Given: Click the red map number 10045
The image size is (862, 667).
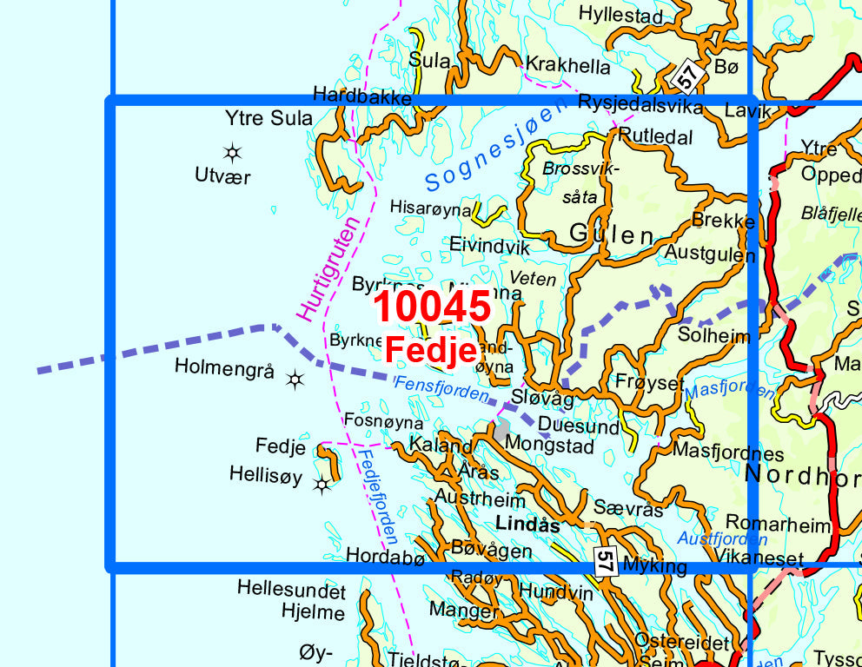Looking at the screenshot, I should coord(433,307).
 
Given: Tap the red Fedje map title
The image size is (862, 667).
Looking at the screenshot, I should coord(431,350).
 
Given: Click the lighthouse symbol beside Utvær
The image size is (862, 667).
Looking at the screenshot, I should coord(232,154).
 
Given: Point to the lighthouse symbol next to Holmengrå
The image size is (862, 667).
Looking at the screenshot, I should coord(295,379).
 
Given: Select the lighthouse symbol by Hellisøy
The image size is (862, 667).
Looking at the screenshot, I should coord(322,485).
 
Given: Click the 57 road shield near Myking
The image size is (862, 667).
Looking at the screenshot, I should coord(606,559).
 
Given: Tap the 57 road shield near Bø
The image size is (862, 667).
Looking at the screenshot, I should coord(687,78).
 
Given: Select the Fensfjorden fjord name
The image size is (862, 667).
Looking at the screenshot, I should coord(441,388).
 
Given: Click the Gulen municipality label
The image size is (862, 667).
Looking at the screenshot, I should coord(612,234).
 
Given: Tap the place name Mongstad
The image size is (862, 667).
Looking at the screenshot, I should coord(549,446).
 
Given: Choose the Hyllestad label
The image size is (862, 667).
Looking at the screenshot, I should coord(620,15).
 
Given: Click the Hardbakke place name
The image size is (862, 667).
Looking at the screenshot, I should coord(361,96).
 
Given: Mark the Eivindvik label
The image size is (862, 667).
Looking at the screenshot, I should coord(489,247).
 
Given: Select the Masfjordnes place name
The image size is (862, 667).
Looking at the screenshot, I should coord(728,452).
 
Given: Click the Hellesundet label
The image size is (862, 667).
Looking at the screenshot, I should coord(291,591).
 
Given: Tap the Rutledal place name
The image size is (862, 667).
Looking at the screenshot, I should coord(655,137).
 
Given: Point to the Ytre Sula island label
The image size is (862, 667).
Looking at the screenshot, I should coord(269,118).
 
